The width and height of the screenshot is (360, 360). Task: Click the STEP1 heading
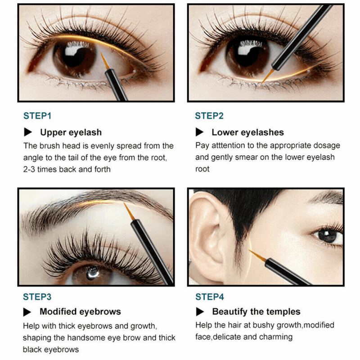point(37,116)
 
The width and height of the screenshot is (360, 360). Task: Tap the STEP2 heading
point(209,116)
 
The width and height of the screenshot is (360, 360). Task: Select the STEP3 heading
point(37,297)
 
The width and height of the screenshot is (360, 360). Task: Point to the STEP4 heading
point(210,297)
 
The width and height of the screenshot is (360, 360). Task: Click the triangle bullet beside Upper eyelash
point(28,132)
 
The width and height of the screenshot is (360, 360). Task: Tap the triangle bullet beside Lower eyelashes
point(200,132)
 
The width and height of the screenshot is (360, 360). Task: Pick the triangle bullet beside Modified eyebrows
point(28,312)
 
